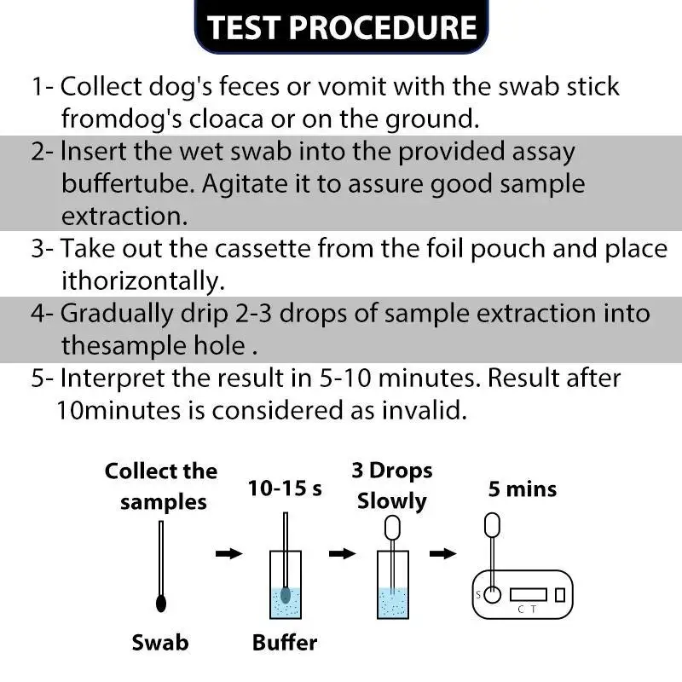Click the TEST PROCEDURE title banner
341,26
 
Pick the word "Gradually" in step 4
113,313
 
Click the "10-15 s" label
284,488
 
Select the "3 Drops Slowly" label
391,485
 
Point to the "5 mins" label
522,489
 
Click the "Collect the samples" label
161,486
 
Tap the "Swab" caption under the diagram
159,642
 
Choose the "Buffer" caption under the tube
285,642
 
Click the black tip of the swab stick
160,602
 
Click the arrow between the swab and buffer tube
228,554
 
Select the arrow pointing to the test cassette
442,554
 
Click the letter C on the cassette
521,609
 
